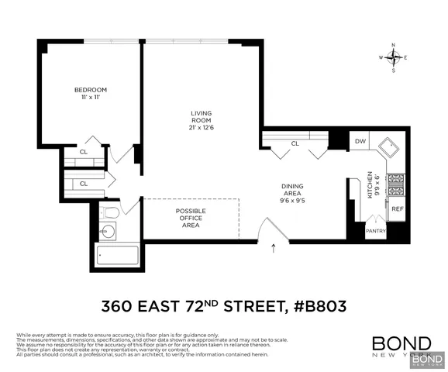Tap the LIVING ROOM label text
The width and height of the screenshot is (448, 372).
coord(202,117)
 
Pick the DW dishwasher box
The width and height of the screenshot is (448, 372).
coord(360,142)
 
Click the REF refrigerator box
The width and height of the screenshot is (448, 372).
coord(396,209)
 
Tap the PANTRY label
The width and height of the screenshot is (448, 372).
coord(376,230)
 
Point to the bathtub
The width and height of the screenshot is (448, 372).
coord(115,253)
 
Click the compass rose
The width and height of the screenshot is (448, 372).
coord(395,57)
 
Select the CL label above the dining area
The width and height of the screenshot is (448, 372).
coord(295,143)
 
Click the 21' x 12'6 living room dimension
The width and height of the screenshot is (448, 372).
coord(202,127)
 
